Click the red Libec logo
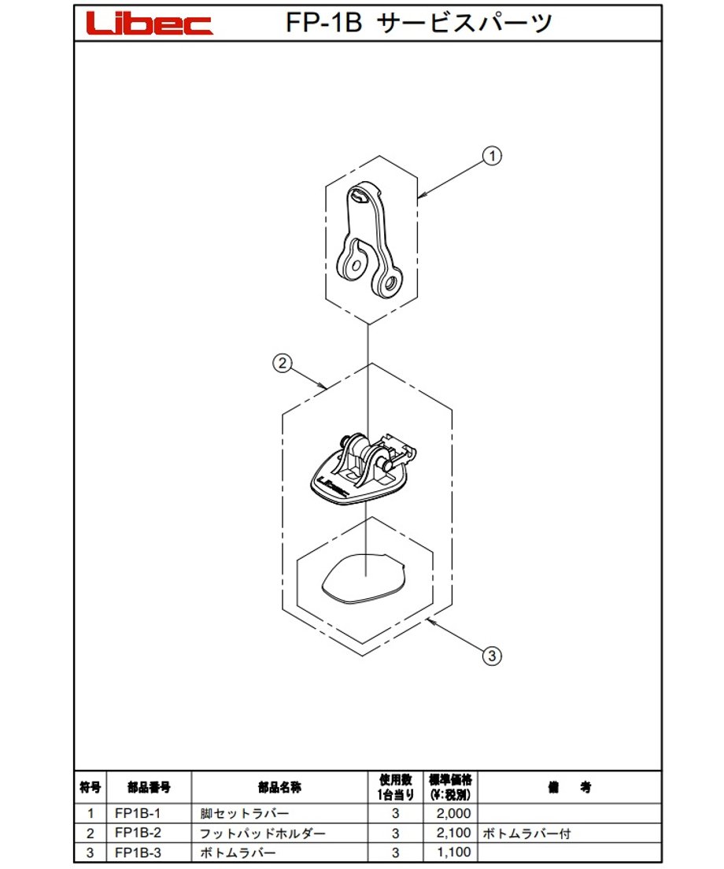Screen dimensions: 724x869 (150, 24)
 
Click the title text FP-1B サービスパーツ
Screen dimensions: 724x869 (419, 23)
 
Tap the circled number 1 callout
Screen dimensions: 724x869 (492, 156)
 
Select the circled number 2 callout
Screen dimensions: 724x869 (283, 364)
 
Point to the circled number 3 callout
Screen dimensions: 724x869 (492, 656)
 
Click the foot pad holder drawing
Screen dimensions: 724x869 (363, 470)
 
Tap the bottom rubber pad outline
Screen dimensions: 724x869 (364, 579)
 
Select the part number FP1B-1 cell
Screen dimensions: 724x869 (138, 814)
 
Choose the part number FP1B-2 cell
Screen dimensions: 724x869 (138, 833)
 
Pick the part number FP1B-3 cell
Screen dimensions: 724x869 (138, 852)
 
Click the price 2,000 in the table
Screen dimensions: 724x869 (453, 814)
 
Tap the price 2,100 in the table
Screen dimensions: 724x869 (453, 833)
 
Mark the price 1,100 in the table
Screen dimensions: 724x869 (453, 852)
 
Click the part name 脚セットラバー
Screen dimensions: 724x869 (244, 814)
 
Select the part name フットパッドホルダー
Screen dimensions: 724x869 (263, 833)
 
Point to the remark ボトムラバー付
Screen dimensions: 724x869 (526, 833)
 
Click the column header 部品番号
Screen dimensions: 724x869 (149, 787)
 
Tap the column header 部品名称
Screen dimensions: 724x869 (279, 787)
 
